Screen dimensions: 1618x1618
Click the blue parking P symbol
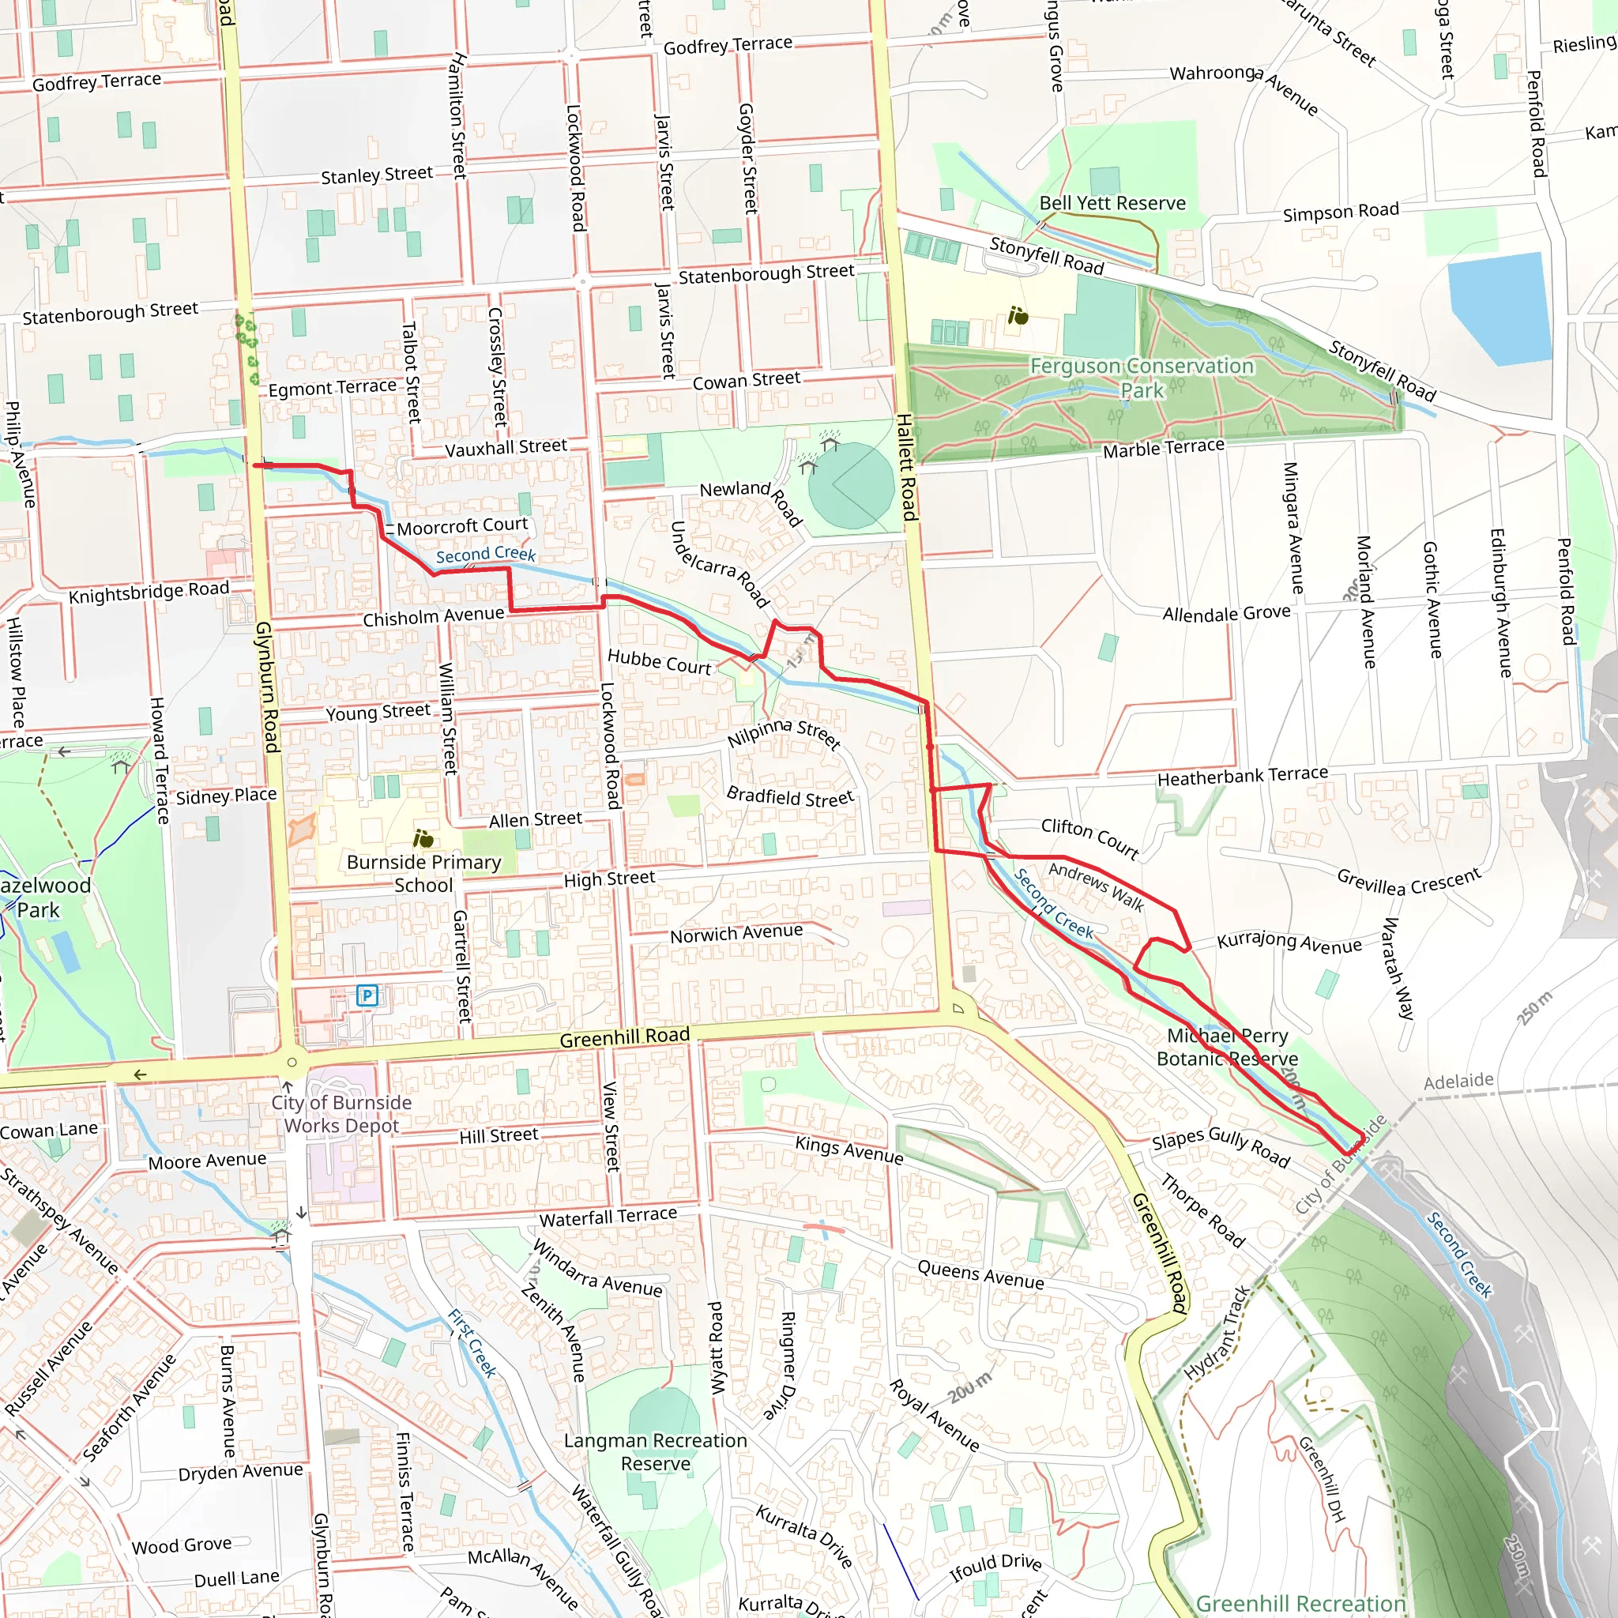click(x=367, y=995)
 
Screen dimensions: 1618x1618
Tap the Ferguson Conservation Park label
click(x=1142, y=378)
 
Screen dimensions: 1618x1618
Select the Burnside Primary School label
click(x=423, y=873)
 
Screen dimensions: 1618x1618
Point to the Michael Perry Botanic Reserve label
click(x=1227, y=1047)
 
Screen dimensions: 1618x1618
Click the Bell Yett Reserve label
click(x=1112, y=204)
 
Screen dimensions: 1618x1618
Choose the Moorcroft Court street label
click(x=462, y=526)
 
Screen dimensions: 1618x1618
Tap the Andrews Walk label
click(x=1097, y=886)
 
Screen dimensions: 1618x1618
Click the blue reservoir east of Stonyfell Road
click(x=1499, y=308)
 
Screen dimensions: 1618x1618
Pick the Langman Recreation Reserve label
click(x=655, y=1451)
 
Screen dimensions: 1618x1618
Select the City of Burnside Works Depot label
click(x=341, y=1114)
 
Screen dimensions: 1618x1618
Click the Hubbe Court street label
click(x=659, y=661)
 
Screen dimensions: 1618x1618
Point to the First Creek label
click(x=472, y=1343)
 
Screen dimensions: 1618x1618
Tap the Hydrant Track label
click(x=1216, y=1334)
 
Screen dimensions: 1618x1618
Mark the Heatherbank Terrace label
click(x=1242, y=776)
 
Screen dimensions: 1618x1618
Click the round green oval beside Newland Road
click(x=851, y=485)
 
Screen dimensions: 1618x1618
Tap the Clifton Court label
click(x=1089, y=838)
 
